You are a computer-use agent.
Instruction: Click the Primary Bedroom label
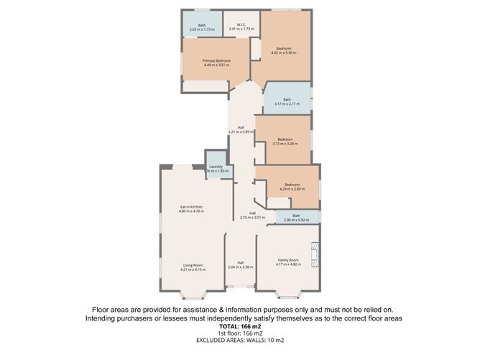point(216,61)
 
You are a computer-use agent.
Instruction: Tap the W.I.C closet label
point(241,26)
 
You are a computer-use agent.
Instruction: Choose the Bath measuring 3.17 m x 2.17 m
point(287,100)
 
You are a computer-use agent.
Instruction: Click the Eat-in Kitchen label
point(192,207)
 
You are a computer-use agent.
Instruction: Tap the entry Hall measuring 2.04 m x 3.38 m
point(240,265)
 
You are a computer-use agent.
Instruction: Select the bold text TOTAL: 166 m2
point(239,326)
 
